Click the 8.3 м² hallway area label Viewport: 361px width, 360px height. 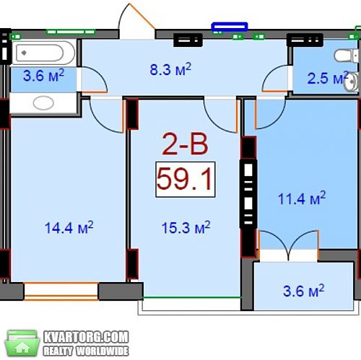pos(170,69)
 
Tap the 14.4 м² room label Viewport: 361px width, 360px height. pos(69,227)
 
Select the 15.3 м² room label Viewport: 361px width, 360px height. pos(186,227)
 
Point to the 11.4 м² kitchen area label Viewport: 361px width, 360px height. pos(302,198)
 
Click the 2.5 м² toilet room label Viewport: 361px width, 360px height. pos(328,78)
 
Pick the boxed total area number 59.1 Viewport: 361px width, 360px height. pos(185,180)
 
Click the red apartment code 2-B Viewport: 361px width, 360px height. pos(185,145)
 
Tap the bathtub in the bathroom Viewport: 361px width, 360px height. pos(43,53)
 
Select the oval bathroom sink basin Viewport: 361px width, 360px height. pos(43,103)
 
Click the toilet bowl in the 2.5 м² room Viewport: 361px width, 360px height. pos(344,56)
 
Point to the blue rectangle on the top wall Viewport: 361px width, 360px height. pos(230,27)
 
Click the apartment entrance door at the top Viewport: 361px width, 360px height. pos(136,21)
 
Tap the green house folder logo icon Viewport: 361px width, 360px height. pos(22,343)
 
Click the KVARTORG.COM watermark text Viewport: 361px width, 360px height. pos(86,337)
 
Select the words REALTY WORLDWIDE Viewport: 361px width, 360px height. pos(86,351)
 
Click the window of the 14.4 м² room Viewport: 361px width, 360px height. pos(61,291)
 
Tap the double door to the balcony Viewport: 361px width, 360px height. pos(289,246)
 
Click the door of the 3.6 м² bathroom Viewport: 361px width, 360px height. pos(94,79)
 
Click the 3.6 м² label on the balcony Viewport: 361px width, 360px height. pos(304,291)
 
